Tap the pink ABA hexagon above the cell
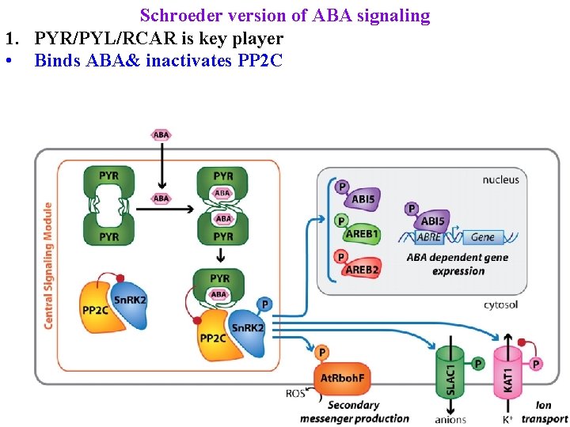pyautogui.click(x=161, y=134)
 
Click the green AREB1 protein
pyautogui.click(x=362, y=234)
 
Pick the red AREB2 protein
pyautogui.click(x=362, y=269)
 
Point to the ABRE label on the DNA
pyautogui.click(x=429, y=236)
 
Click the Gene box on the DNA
pyautogui.click(x=482, y=236)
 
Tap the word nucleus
pyautogui.click(x=500, y=179)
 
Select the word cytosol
pyautogui.click(x=500, y=304)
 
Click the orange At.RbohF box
pyautogui.click(x=341, y=377)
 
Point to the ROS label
pyautogui.click(x=295, y=393)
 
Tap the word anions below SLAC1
pyautogui.click(x=450, y=419)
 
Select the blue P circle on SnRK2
pyautogui.click(x=264, y=304)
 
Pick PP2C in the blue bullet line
pyautogui.click(x=260, y=61)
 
